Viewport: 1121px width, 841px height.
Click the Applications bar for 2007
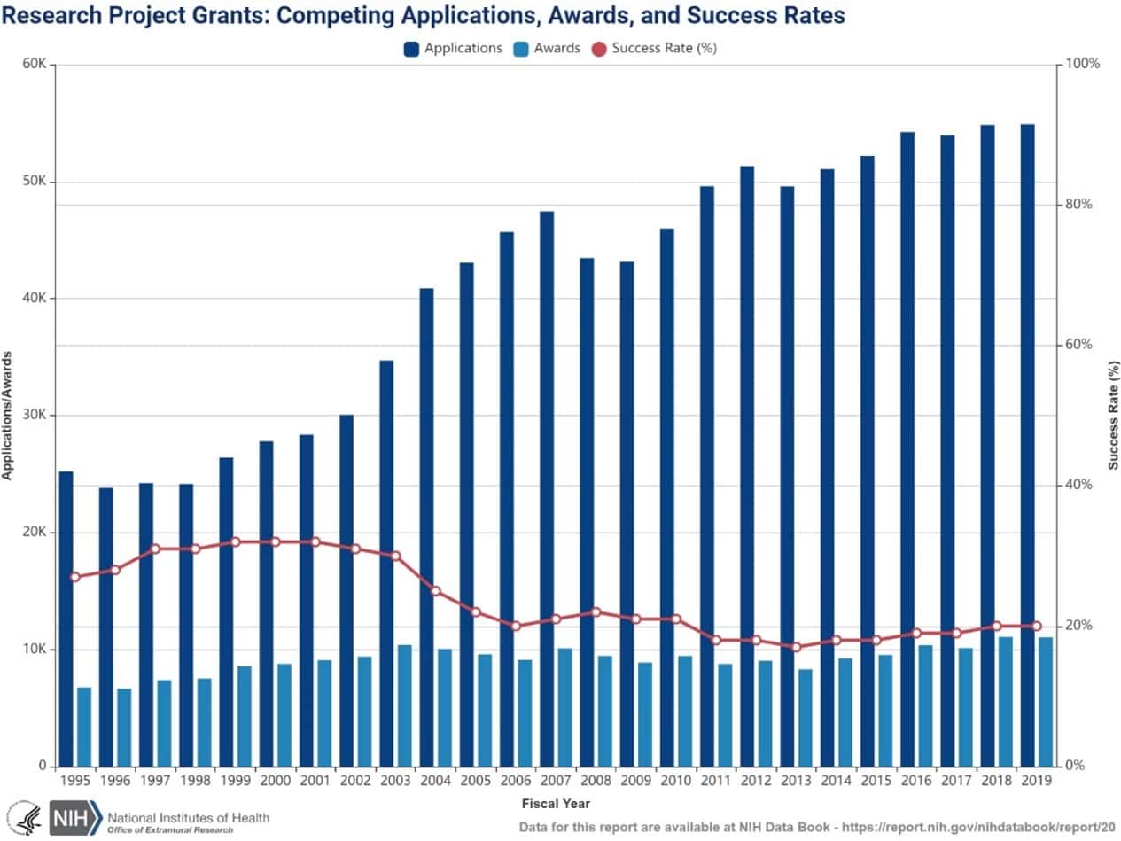(x=547, y=488)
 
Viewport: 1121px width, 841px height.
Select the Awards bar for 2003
(x=404, y=705)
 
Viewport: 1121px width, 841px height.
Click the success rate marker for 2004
(x=435, y=590)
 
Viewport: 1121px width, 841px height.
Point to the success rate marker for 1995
(x=74, y=577)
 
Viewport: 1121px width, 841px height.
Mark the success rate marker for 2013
(x=796, y=647)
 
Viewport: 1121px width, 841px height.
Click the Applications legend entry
(x=454, y=48)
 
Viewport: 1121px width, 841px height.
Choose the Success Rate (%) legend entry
(x=654, y=48)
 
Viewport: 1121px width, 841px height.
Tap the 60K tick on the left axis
(x=35, y=65)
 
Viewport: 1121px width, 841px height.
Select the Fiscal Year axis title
(x=556, y=804)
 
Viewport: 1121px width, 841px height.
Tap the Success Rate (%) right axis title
(x=1113, y=415)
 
